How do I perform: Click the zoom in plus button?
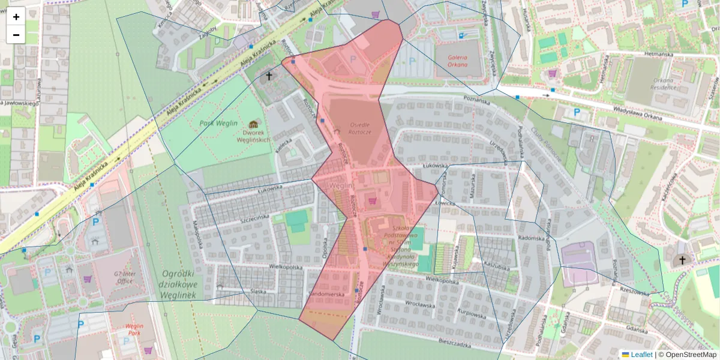pyautogui.click(x=16, y=16)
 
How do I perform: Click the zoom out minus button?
pyautogui.click(x=16, y=35)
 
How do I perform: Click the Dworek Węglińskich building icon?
pyautogui.click(x=253, y=124)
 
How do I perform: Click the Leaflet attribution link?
pyautogui.click(x=641, y=355)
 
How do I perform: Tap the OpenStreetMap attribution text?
pyautogui.click(x=688, y=355)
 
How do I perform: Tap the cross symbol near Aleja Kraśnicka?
pyautogui.click(x=269, y=76)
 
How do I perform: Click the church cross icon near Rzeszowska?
pyautogui.click(x=681, y=260)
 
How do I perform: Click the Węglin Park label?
pyautogui.click(x=128, y=329)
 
